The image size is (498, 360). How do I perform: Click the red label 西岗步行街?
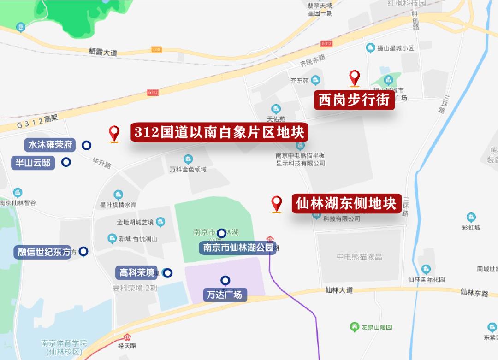(x=354, y=100)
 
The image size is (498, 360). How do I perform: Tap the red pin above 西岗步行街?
(x=354, y=77)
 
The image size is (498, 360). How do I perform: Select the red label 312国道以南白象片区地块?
(x=219, y=133)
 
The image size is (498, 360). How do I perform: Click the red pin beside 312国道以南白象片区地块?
(x=114, y=133)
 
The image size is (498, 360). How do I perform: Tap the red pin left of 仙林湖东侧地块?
(x=276, y=203)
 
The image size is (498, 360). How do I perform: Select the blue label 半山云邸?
(x=34, y=162)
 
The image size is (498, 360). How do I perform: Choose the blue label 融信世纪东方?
(x=44, y=252)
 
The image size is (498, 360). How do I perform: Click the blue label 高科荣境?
(x=137, y=272)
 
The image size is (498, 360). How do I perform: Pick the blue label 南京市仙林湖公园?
(x=238, y=248)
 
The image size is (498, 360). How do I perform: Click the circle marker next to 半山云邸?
(x=66, y=162)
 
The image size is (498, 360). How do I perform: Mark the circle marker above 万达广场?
(x=225, y=280)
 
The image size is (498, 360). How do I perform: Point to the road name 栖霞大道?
(x=103, y=53)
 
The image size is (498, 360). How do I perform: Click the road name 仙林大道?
(x=338, y=290)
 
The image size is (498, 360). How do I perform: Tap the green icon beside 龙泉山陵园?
(x=354, y=327)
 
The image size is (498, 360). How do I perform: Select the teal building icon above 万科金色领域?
(x=188, y=159)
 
